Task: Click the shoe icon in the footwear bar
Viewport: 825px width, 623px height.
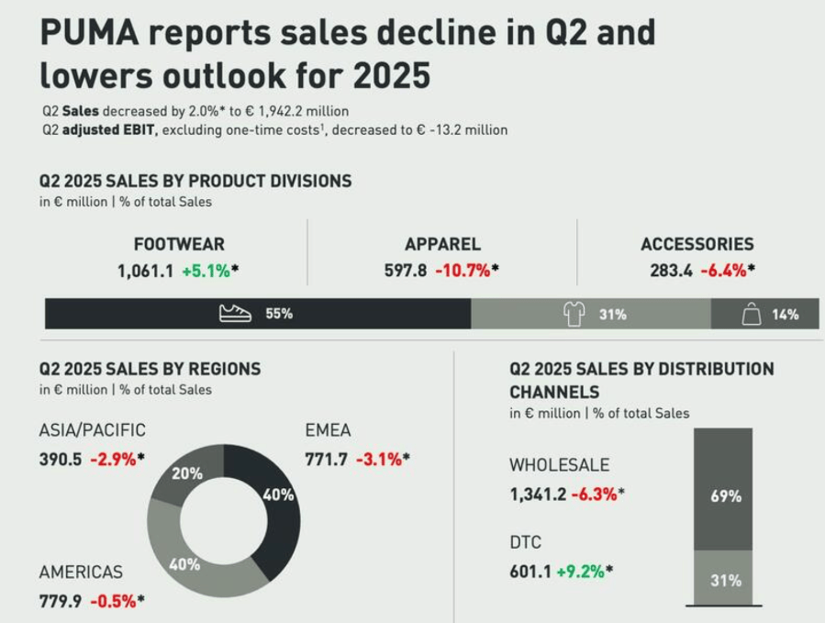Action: (x=235, y=314)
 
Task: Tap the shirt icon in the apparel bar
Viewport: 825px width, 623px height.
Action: (x=574, y=314)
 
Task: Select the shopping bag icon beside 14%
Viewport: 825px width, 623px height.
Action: (x=752, y=315)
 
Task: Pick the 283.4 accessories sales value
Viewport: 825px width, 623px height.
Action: (x=667, y=272)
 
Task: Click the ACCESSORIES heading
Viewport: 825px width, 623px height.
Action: (x=697, y=244)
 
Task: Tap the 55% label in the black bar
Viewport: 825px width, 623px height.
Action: (x=279, y=314)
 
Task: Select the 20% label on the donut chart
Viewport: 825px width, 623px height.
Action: (x=187, y=473)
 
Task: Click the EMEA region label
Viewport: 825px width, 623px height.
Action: (x=328, y=430)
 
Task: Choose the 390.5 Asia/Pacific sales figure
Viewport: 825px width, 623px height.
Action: (x=61, y=460)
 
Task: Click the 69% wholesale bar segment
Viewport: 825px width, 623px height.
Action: (x=725, y=496)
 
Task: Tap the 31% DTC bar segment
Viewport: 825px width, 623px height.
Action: (x=725, y=581)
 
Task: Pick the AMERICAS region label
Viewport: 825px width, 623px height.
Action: (x=81, y=572)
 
